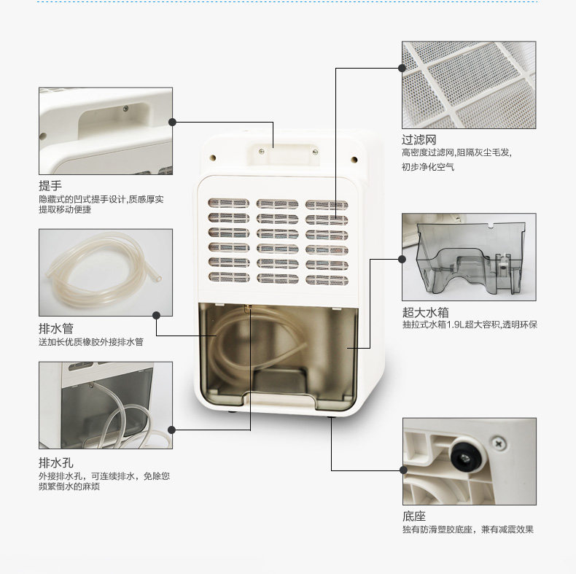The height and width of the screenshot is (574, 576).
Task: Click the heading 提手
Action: click(x=50, y=186)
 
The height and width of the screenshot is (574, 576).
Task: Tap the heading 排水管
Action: click(x=55, y=329)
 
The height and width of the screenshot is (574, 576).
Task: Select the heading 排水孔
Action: click(x=55, y=462)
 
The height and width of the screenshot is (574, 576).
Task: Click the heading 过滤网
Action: click(x=419, y=139)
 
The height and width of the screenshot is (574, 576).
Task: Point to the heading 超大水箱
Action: click(x=424, y=311)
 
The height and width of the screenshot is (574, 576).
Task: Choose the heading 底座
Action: click(x=413, y=516)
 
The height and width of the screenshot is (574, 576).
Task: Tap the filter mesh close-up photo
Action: click(x=469, y=85)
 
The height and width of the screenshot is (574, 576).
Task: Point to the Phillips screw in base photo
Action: click(x=500, y=442)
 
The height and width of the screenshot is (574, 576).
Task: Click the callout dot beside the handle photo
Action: click(x=173, y=123)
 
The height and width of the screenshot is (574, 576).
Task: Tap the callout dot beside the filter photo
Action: click(x=402, y=68)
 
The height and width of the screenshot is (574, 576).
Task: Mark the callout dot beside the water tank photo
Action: click(x=402, y=258)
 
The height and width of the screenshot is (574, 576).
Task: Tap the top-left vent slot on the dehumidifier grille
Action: click(x=228, y=203)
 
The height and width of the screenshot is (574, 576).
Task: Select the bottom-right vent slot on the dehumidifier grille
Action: click(x=326, y=278)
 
